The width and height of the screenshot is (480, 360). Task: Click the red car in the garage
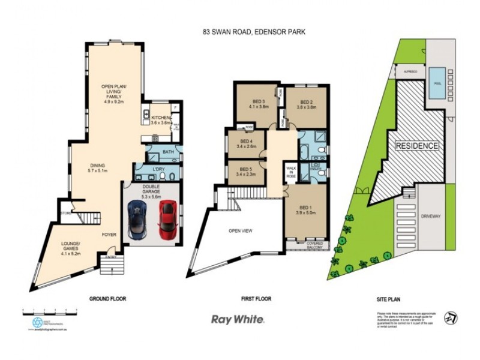pos(167,218)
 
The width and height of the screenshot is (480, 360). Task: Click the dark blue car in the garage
pos(137,218)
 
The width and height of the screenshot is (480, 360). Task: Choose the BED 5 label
pos(247,172)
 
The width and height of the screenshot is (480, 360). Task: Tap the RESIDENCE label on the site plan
pos(416,146)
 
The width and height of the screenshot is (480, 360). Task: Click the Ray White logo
pos(238,319)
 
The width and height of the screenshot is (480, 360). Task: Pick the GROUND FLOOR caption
pos(108,298)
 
